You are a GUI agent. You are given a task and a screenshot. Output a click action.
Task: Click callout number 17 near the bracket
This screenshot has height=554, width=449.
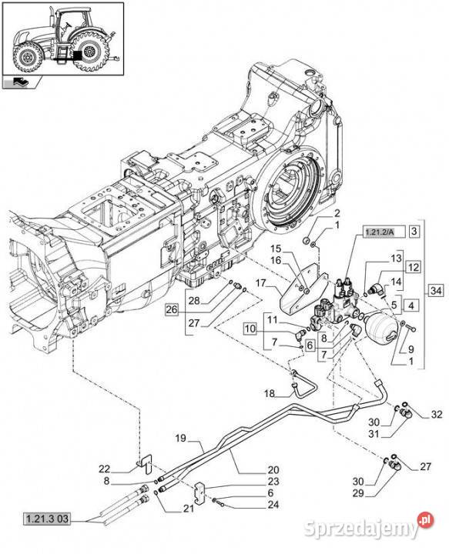coord(260,284)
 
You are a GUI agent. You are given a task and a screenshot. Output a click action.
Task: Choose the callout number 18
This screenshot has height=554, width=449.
coord(269,394)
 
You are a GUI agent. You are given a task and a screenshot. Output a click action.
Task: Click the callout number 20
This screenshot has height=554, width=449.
coord(252,470)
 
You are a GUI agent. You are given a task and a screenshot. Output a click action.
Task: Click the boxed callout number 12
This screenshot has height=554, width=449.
coord(414,267)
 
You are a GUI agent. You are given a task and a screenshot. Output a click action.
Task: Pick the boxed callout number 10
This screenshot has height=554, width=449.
coord(250,329)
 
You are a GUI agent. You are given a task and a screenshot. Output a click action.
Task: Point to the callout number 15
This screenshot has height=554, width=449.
coord(276,248)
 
